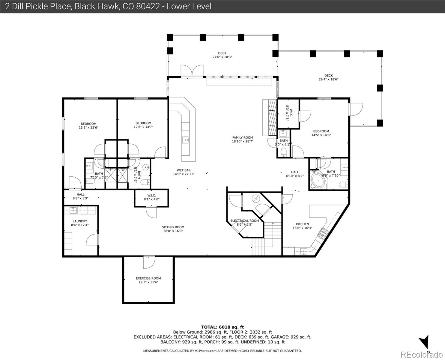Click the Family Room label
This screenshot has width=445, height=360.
[242, 137]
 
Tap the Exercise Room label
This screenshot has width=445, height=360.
[148, 278]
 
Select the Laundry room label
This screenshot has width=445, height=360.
[80, 221]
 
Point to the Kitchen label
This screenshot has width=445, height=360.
[302, 224]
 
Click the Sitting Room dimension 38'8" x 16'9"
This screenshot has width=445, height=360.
[173, 231]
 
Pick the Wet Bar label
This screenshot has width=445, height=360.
[184, 170]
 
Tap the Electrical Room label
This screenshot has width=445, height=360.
[245, 220]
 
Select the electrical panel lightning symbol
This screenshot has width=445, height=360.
[255, 199]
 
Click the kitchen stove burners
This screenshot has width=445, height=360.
[323, 233]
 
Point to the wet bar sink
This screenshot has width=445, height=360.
[185, 140]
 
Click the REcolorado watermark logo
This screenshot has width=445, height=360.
[422, 354]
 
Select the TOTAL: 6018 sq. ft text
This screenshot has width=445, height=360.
[222, 327]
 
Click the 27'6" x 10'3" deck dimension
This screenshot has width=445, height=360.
[222, 57]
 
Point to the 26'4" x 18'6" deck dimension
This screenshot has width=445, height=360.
[328, 79]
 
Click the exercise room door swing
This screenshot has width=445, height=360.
[149, 262]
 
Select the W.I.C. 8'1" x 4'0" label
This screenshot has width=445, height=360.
[152, 197]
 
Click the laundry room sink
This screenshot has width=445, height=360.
[73, 210]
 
